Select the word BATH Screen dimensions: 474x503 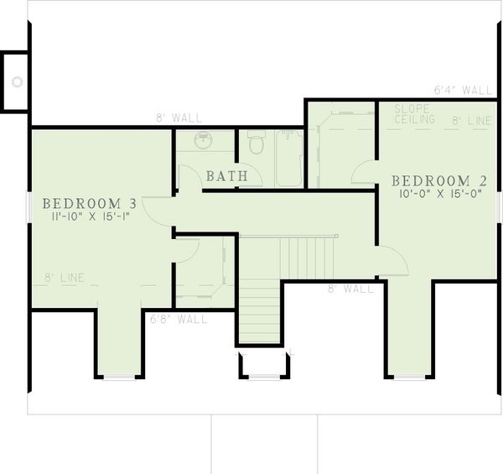click(x=227, y=177)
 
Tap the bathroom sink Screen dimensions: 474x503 click(x=204, y=139)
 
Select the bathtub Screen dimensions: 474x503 click(x=288, y=158)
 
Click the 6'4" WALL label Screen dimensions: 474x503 click(x=463, y=90)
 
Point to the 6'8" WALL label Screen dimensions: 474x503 click(x=179, y=320)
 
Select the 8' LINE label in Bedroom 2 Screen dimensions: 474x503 click(x=472, y=122)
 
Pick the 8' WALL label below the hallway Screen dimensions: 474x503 click(x=350, y=289)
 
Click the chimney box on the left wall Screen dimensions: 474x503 click(x=16, y=81)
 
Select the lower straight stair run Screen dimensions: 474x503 click(x=258, y=311)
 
